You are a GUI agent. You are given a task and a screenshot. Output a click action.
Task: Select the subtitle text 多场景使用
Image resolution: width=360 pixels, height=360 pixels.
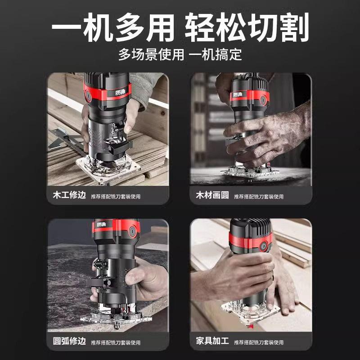point(151,55)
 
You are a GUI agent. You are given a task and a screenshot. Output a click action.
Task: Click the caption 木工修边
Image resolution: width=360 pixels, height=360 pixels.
point(67,196)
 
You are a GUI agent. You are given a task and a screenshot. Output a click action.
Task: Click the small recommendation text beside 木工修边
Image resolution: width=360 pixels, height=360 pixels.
point(115,197)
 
